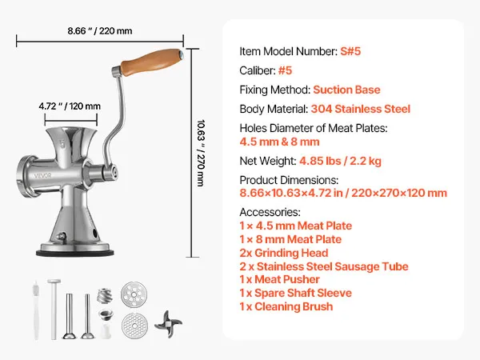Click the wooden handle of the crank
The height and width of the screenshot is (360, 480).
(x=151, y=63)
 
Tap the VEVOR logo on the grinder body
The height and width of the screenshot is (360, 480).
(x=42, y=176)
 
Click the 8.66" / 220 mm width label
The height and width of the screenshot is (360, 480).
(x=100, y=30)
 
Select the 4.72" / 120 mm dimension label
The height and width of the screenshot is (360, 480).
(x=70, y=106)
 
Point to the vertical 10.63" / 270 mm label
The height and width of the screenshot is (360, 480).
(x=201, y=153)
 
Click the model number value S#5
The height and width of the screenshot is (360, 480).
(x=350, y=51)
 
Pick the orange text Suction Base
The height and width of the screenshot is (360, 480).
(x=346, y=90)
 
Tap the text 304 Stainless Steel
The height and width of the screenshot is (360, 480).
(x=360, y=109)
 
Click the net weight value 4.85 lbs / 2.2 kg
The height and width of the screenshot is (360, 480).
(x=340, y=161)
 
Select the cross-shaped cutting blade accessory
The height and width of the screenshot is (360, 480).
(x=168, y=324)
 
